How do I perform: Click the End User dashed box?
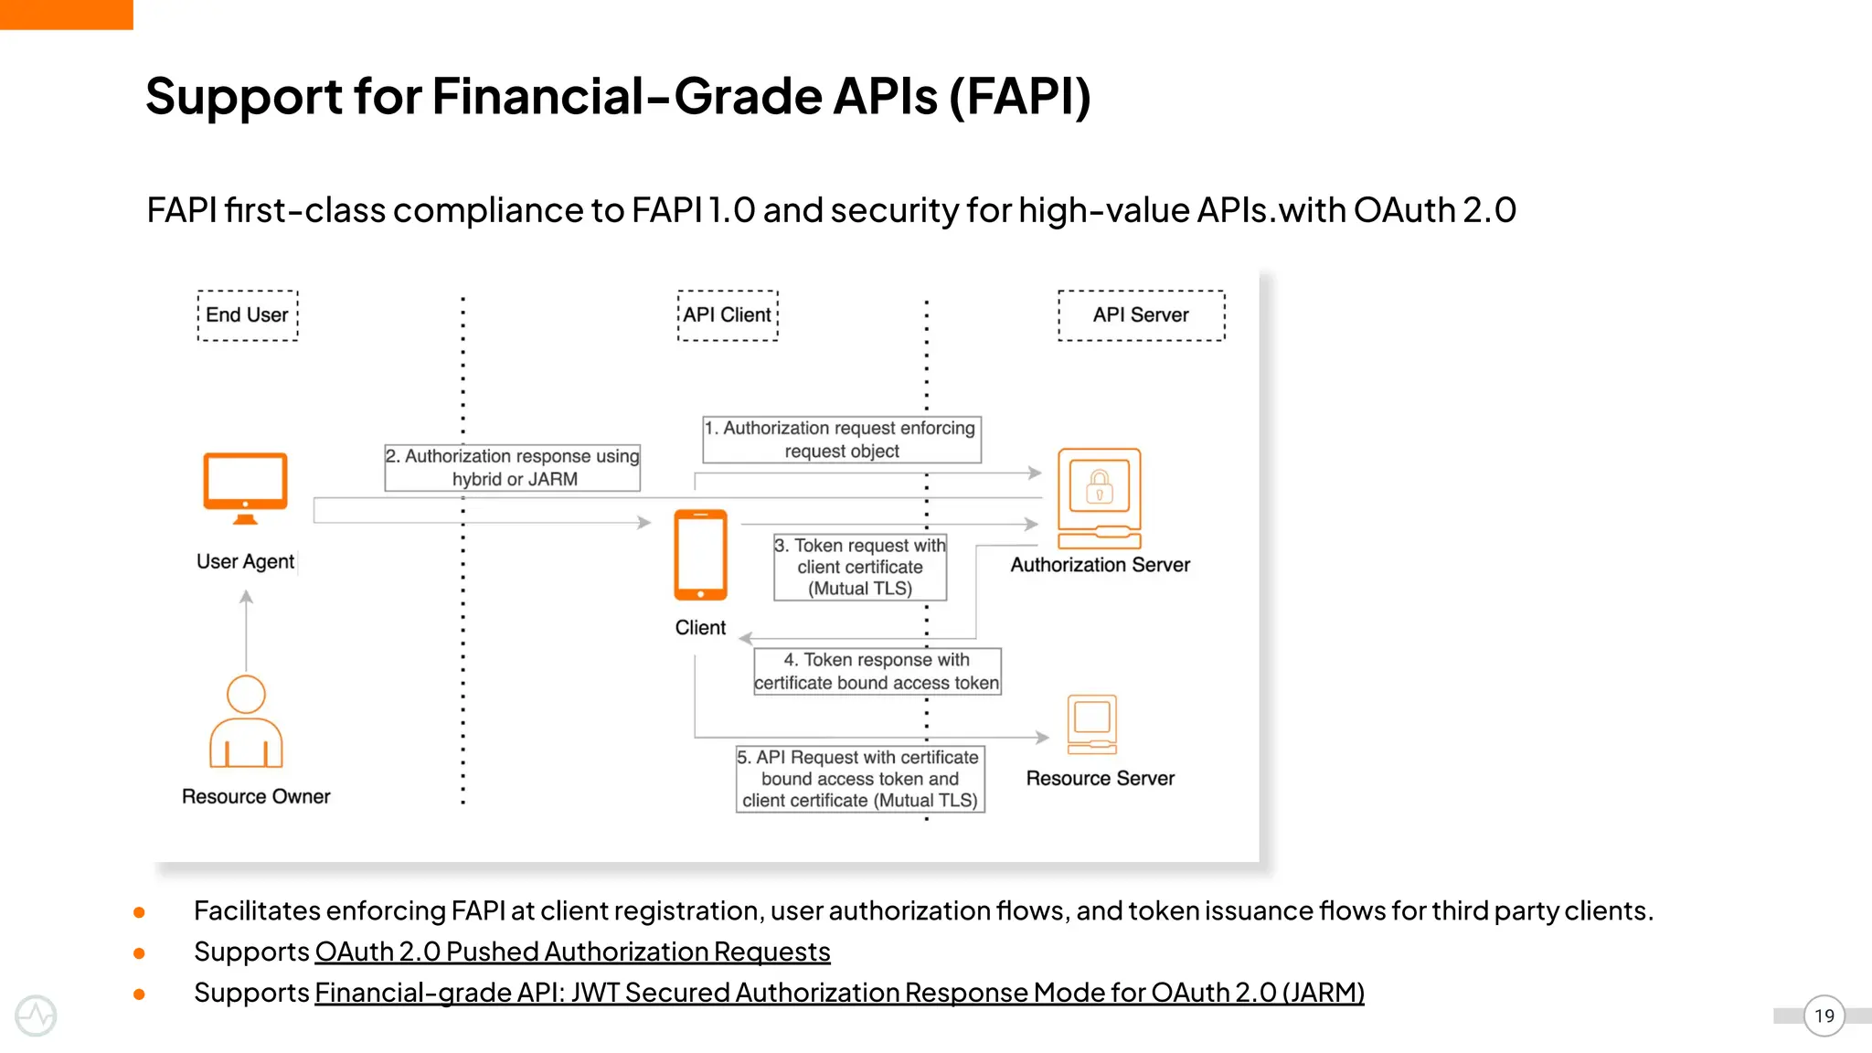tap(247, 315)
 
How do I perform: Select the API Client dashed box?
tap(728, 315)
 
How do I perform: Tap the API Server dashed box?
tap(1141, 315)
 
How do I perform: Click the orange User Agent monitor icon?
tap(245, 487)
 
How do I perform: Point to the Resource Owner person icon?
tap(246, 722)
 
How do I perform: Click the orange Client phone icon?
tap(700, 555)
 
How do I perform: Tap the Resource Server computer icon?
tap(1092, 723)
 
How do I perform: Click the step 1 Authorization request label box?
tap(841, 440)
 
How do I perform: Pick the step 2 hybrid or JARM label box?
tap(512, 468)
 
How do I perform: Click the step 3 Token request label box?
tap(859, 567)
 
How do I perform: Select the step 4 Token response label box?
tap(877, 672)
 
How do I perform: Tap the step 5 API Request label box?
tap(860, 779)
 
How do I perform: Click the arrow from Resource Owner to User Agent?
tap(246, 631)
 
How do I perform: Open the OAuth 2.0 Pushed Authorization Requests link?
tap(572, 952)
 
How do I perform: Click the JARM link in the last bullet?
tap(839, 993)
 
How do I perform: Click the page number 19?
tap(1824, 1016)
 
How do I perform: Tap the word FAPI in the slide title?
tap(1020, 97)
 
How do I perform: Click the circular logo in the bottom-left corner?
tap(36, 1016)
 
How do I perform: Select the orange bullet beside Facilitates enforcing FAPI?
tap(139, 912)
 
